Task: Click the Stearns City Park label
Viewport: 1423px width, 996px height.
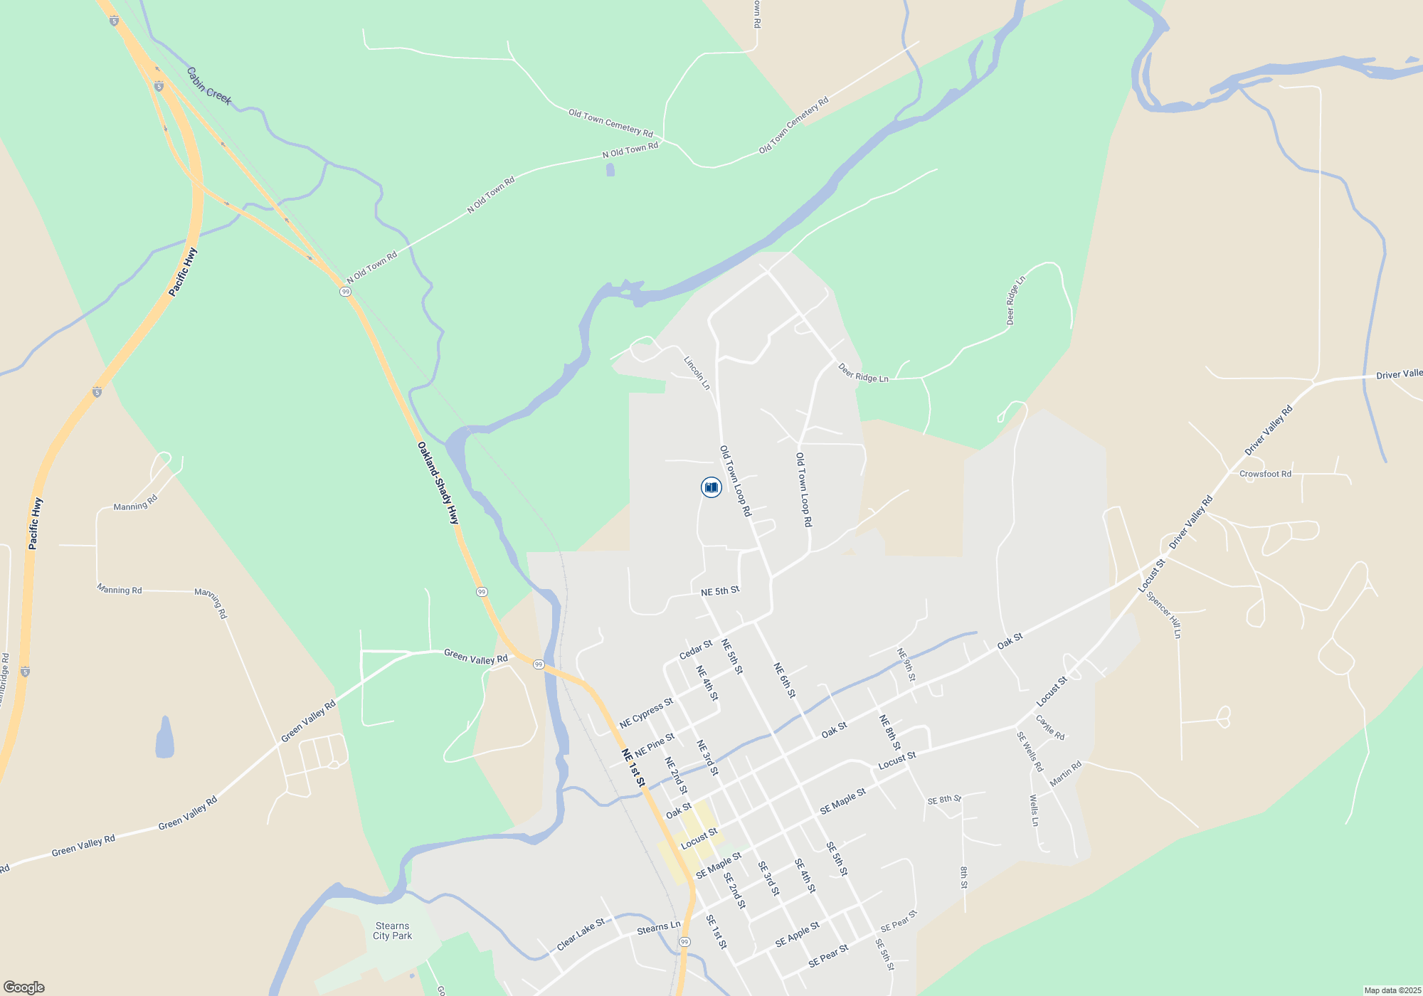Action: [392, 931]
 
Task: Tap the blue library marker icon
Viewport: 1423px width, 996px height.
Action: [711, 487]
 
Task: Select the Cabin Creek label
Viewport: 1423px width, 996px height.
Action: [208, 86]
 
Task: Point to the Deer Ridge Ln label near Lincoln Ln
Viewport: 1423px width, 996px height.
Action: [863, 373]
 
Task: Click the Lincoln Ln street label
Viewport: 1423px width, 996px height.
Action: [697, 373]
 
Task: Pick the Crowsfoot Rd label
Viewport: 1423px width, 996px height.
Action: [1265, 474]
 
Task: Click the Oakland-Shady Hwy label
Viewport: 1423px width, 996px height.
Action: [438, 483]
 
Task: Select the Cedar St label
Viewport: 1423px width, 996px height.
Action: [695, 650]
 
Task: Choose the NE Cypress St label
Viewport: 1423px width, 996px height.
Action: [646, 713]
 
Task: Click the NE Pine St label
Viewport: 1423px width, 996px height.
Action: [654, 745]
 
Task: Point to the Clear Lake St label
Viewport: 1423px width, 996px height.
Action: [581, 934]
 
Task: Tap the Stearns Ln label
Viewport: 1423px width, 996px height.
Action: [658, 928]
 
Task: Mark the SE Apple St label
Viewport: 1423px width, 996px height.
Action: [797, 934]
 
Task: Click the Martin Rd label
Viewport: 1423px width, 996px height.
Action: [1065, 773]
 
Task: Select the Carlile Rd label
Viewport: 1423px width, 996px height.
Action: [1050, 727]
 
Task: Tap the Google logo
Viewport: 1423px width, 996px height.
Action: [23, 987]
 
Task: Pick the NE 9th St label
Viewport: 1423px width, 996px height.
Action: [905, 664]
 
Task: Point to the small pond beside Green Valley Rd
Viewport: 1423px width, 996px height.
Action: [164, 738]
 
